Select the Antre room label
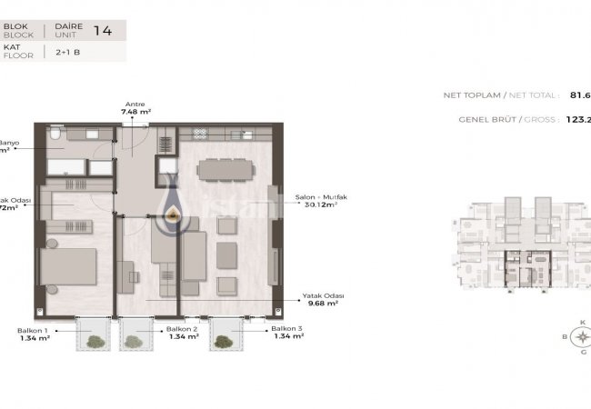click(135, 104)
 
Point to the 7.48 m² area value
click(135, 112)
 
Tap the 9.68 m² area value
click(324, 304)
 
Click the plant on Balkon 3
click(224, 341)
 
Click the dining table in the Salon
click(222, 169)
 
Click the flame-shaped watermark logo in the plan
click(172, 207)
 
